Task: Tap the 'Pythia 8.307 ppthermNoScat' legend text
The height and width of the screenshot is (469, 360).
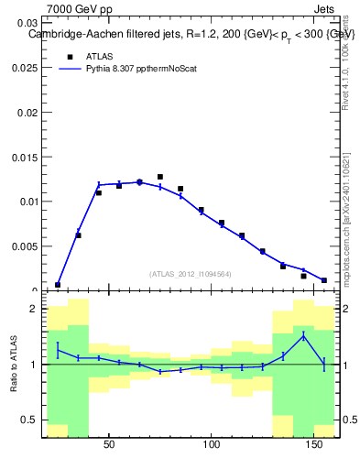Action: pyautogui.click(x=141, y=68)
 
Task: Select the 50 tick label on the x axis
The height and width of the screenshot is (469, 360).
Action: pyautogui.click(x=109, y=445)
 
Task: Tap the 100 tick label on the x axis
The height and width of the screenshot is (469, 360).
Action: pyautogui.click(x=212, y=445)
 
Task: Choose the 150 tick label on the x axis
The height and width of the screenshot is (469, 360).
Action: pyautogui.click(x=314, y=445)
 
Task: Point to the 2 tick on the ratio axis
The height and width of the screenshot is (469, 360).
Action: pyautogui.click(x=34, y=310)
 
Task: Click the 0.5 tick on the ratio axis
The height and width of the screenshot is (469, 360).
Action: pyautogui.click(x=29, y=420)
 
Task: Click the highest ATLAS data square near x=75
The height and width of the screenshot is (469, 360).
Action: pyautogui.click(x=160, y=177)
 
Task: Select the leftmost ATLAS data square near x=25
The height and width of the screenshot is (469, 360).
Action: pyautogui.click(x=58, y=285)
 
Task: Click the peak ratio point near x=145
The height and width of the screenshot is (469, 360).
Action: pyautogui.click(x=304, y=336)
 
